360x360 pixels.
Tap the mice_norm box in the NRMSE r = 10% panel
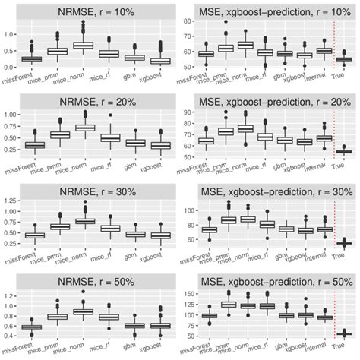coord(83,45)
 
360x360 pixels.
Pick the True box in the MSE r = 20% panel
coord(345,152)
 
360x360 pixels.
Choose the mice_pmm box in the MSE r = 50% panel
coord(227,304)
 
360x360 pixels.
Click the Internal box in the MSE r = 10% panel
coord(323,50)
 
